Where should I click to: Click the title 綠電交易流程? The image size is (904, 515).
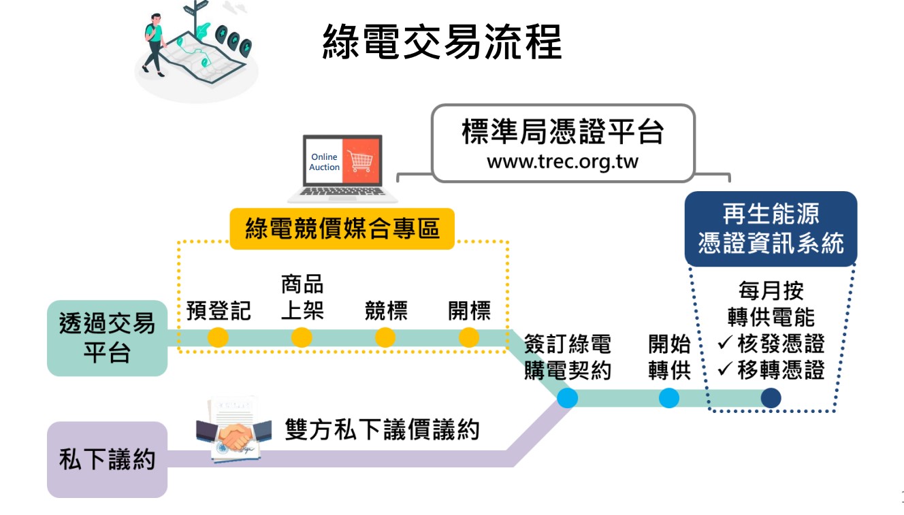click(x=442, y=41)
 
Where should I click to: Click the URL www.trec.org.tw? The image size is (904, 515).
click(x=562, y=162)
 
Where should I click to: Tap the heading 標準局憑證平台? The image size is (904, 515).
click(x=562, y=131)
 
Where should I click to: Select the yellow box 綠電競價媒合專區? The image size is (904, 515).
click(x=342, y=229)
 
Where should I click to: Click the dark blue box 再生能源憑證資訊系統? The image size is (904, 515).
click(x=771, y=229)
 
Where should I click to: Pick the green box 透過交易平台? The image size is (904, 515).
click(x=107, y=338)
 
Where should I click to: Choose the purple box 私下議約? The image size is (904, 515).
click(x=107, y=459)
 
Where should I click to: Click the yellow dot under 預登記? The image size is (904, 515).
click(x=218, y=337)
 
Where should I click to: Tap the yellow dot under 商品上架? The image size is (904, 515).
click(x=302, y=337)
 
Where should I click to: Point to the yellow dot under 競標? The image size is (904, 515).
click(x=385, y=337)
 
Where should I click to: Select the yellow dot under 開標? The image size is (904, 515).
click(x=469, y=337)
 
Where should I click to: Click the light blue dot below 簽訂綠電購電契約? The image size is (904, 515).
click(x=567, y=398)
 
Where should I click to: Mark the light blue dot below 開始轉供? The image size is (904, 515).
click(x=668, y=398)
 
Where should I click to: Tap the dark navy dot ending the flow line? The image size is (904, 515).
click(x=771, y=398)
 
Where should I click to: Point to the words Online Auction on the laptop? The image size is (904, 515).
click(x=324, y=162)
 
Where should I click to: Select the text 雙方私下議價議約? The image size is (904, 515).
click(x=382, y=429)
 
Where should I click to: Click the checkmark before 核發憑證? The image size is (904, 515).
click(x=725, y=342)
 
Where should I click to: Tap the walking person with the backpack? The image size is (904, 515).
click(x=155, y=45)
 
